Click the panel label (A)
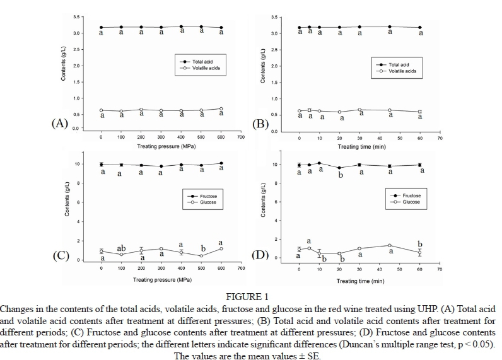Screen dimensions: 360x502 [59, 123]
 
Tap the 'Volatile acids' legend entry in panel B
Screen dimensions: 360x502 [402, 72]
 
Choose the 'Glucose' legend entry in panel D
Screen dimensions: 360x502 [411, 202]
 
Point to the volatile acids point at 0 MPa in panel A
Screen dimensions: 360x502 [102, 110]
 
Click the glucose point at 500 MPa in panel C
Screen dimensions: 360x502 [201, 256]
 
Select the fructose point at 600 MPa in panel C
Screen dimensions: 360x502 [221, 163]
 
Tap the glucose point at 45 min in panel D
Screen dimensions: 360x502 [390, 245]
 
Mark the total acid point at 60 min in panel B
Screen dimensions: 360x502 [420, 28]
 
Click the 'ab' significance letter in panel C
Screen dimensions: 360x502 [122, 248]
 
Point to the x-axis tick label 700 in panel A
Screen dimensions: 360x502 [241, 137]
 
